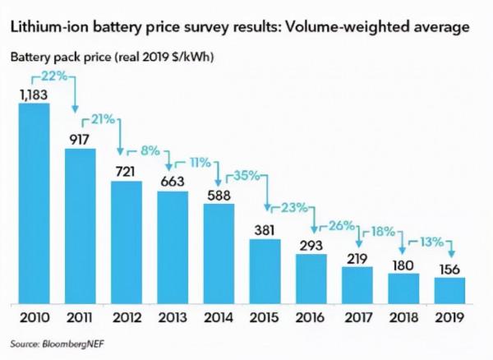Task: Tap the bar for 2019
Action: tap(449, 289)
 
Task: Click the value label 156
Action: tap(449, 268)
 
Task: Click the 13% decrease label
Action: tap(431, 242)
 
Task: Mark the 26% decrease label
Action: tap(337, 224)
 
